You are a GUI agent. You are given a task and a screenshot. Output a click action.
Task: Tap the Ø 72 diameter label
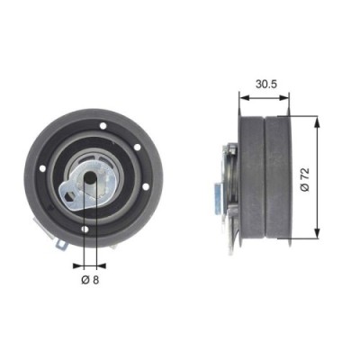(x=305, y=177)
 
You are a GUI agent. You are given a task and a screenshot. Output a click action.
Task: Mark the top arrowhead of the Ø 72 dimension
(x=316, y=119)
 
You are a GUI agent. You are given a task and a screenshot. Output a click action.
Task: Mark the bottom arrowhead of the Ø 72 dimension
(x=316, y=236)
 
